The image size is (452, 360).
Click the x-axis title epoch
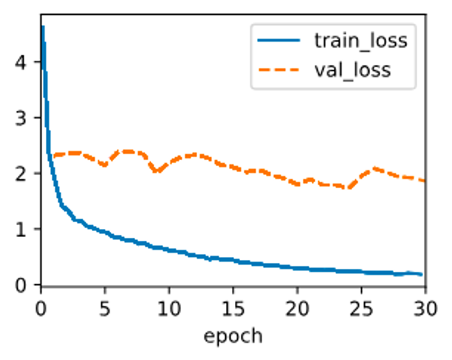[233, 336]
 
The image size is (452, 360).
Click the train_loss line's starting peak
[42, 27]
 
